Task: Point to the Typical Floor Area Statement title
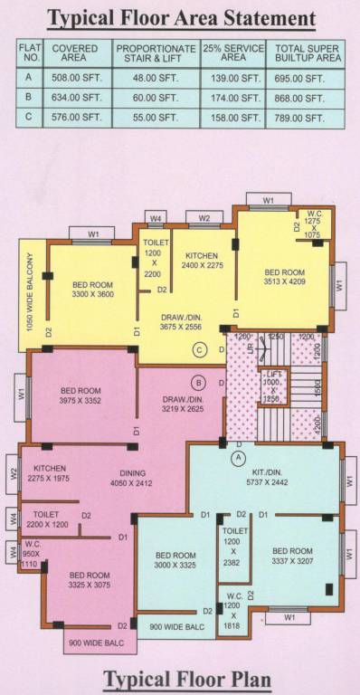click(181, 17)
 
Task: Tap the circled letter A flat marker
click(239, 458)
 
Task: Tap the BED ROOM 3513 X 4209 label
click(285, 276)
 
